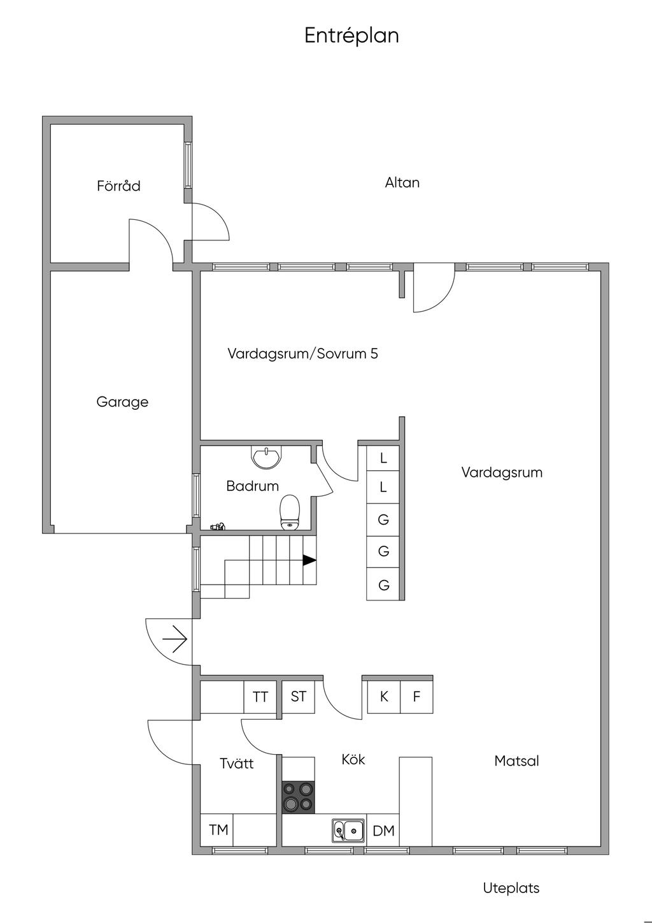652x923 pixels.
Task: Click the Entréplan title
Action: [351, 36]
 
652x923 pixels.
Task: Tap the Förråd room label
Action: [118, 186]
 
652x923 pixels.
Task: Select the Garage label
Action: [122, 402]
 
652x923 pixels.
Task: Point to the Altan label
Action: [402, 183]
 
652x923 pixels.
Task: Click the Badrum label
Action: [252, 486]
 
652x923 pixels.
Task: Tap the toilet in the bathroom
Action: [290, 512]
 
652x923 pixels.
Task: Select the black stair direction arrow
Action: [309, 560]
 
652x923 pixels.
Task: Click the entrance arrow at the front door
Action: [174, 638]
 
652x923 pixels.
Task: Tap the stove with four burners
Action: [298, 797]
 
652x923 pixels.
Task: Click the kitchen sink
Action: [348, 831]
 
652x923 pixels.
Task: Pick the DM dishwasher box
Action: [383, 831]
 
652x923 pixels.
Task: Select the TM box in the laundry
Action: [218, 830]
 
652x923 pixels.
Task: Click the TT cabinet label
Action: [260, 697]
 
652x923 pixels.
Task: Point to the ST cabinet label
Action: [298, 697]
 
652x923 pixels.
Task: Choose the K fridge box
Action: [384, 697]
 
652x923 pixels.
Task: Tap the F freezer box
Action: [416, 697]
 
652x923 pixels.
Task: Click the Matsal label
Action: [516, 761]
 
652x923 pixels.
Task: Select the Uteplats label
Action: [511, 888]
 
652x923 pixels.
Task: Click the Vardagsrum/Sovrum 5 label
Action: [302, 354]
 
